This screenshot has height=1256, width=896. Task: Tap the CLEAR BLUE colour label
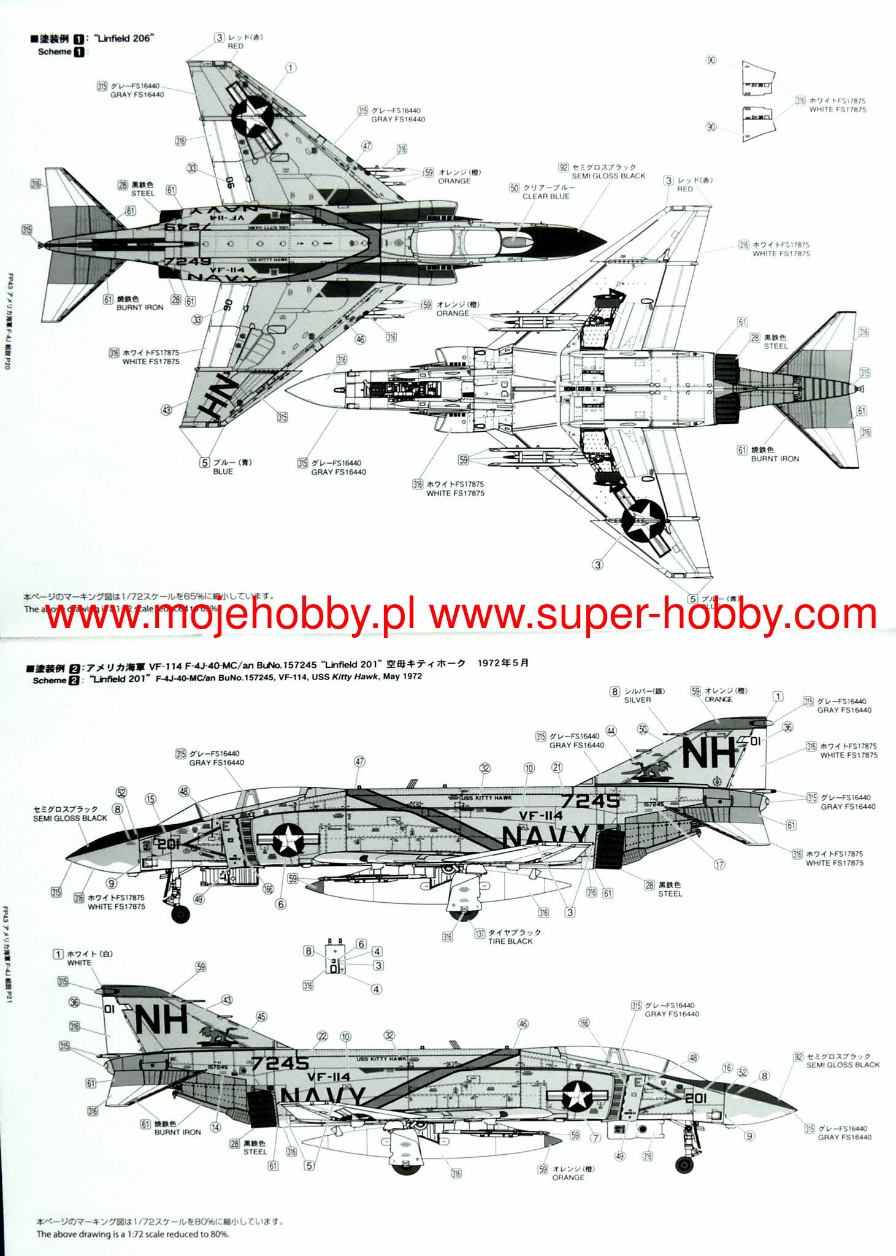tap(545, 196)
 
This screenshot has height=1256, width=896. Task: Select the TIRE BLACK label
tap(510, 941)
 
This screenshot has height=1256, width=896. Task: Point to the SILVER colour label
tap(637, 700)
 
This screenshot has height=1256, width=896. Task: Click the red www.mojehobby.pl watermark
tap(231, 614)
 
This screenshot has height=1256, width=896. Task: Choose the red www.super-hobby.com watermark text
tap(653, 614)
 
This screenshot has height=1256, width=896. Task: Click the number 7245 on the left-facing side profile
tap(591, 801)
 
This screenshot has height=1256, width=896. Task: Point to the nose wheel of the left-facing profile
tap(180, 914)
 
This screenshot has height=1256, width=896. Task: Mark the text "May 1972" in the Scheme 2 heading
tap(402, 676)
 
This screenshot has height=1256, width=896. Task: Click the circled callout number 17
tap(719, 865)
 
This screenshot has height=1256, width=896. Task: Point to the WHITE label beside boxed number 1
tap(78, 963)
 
